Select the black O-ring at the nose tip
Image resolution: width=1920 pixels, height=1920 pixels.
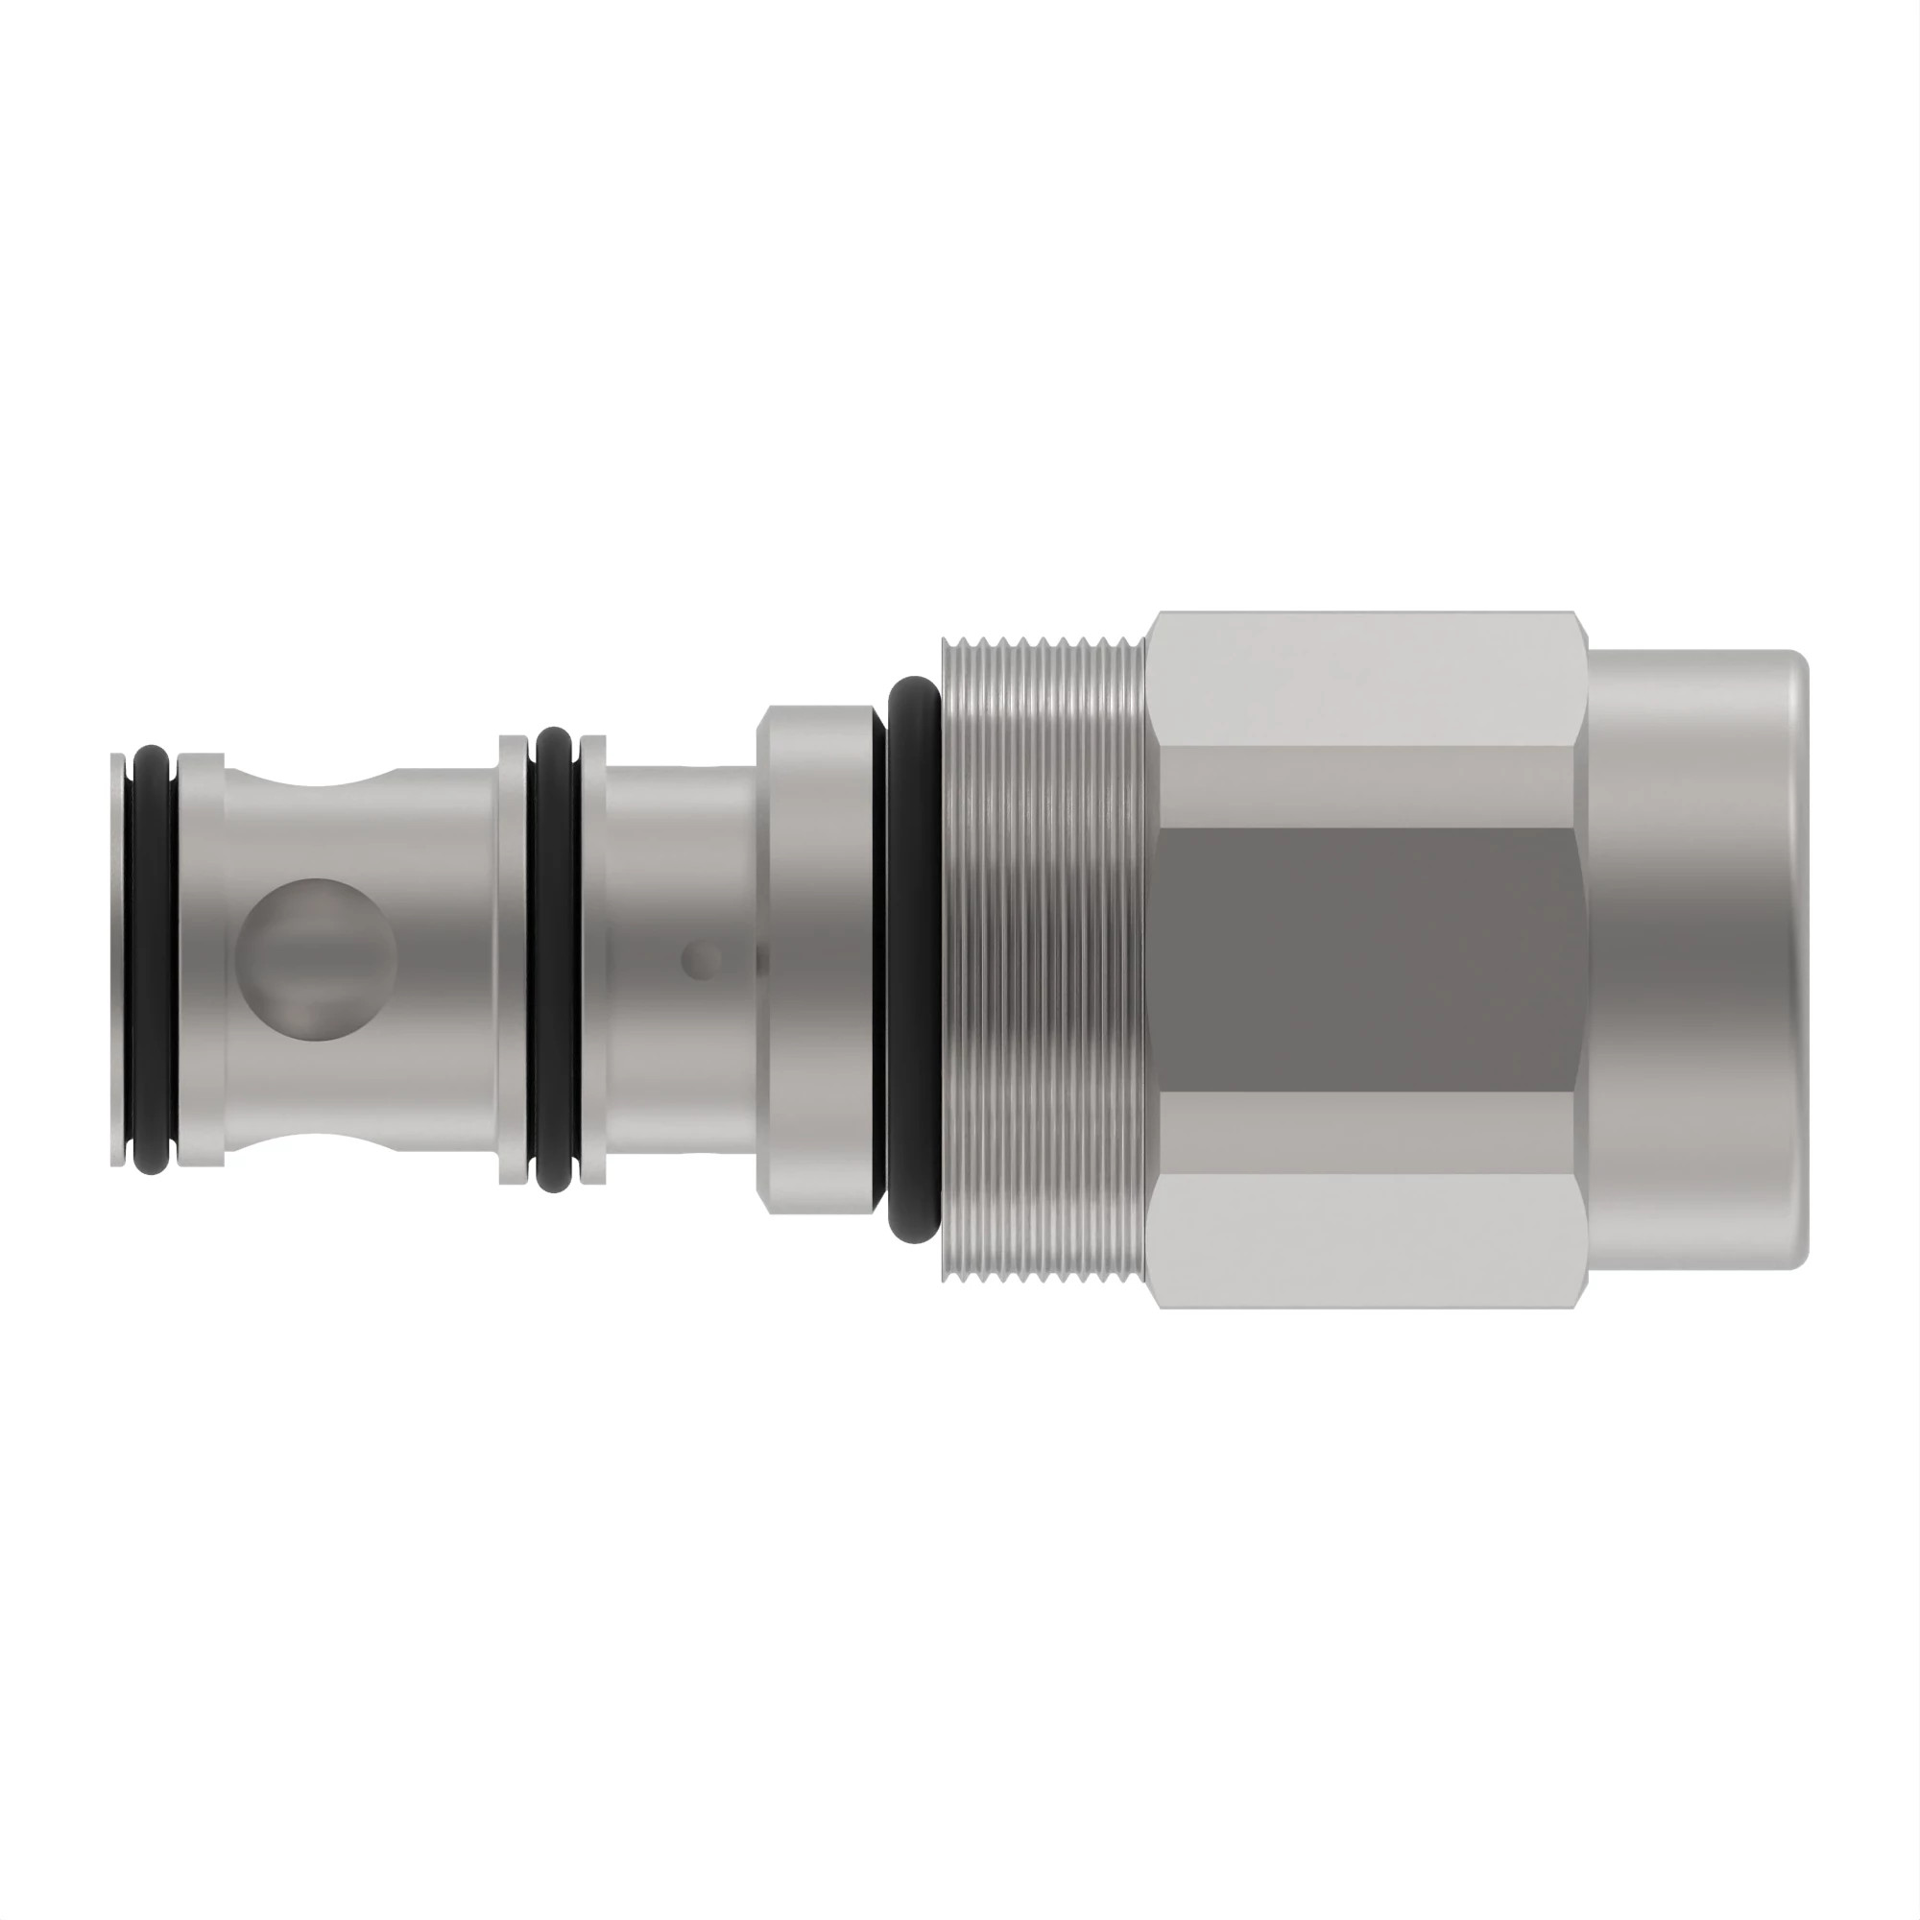pos(153,959)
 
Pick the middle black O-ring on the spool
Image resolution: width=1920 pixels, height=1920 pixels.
pos(554,959)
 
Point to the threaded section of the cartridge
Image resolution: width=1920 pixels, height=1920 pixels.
pos(1044,959)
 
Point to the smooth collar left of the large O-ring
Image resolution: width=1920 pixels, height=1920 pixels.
pos(817,959)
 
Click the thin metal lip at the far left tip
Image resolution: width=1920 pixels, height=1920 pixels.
pos(118,959)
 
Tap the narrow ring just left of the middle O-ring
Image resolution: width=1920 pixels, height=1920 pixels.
pos(511,959)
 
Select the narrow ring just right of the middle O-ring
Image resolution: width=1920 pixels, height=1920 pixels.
pos(593,959)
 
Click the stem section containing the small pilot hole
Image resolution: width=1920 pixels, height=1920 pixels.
pos(681,959)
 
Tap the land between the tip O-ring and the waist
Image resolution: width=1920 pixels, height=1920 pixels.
pos(201,959)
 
